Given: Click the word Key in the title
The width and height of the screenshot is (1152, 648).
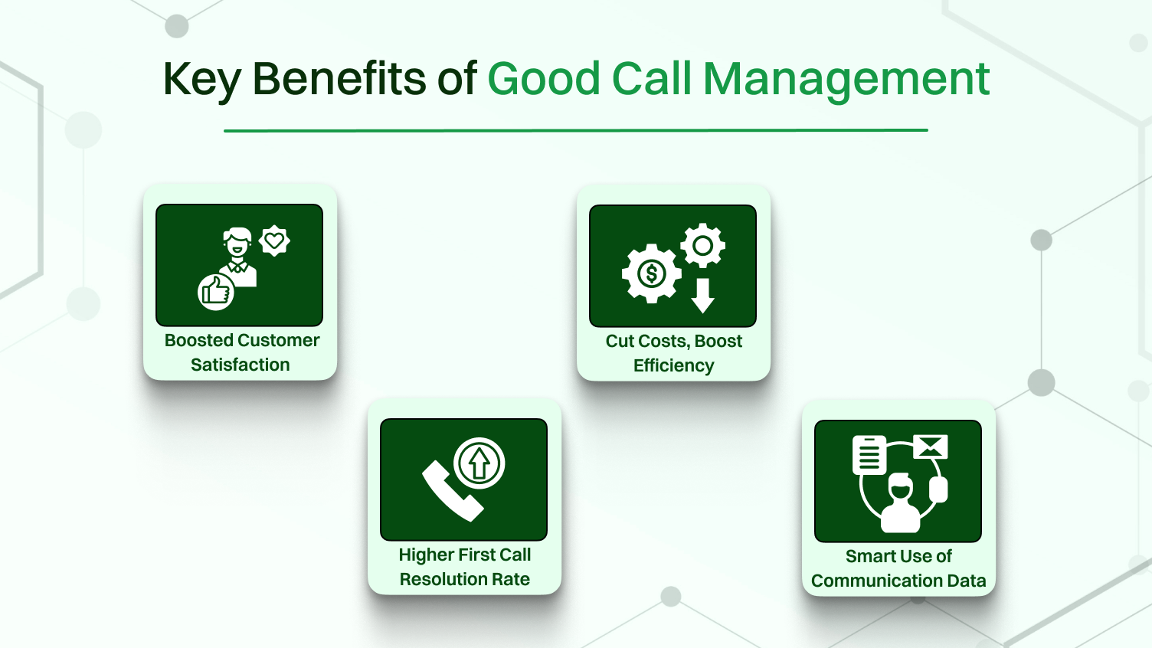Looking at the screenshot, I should tap(201, 80).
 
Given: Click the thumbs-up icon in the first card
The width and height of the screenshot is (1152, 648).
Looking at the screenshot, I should tap(216, 292).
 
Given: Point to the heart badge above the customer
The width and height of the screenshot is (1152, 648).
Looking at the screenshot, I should tap(274, 241).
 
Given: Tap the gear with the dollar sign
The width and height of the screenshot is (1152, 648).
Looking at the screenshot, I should tap(651, 273).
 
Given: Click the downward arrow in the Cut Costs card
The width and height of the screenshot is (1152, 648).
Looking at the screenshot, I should tap(702, 296).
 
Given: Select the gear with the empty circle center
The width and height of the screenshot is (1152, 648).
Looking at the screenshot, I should tap(702, 246).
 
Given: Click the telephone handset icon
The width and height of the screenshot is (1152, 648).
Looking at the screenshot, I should tap(451, 491).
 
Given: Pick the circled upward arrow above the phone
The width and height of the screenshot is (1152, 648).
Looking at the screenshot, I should tap(479, 463).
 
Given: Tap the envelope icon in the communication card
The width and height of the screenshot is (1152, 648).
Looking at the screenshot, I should tap(931, 446).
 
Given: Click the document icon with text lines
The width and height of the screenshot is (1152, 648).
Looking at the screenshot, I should tap(869, 455).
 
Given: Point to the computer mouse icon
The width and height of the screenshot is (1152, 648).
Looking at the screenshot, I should tap(938, 489).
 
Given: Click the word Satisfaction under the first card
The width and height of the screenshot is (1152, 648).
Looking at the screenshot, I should tap(241, 365).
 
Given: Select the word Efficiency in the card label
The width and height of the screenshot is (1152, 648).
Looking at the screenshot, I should tap(673, 365).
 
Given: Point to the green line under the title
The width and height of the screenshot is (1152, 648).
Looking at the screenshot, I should tap(575, 130).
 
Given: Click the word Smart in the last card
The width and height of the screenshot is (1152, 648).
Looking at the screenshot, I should tap(868, 556).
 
